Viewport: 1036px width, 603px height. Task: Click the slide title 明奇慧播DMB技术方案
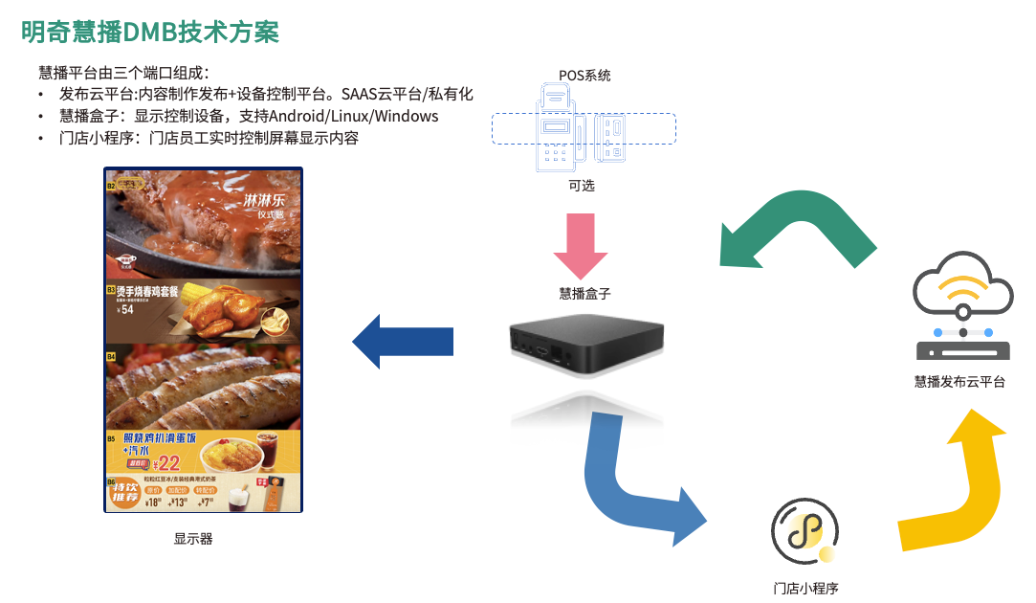[x=150, y=31]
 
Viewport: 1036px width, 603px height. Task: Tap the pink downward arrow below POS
[x=581, y=245]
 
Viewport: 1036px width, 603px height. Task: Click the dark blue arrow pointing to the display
[x=402, y=340]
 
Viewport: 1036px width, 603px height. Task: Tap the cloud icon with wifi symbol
[x=962, y=286]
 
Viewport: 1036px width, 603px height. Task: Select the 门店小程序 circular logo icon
[x=805, y=530]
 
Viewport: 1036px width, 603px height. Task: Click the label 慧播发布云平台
[x=959, y=382]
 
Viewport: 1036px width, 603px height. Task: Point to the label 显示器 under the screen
[x=193, y=539]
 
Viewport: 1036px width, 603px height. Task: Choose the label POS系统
[x=584, y=75]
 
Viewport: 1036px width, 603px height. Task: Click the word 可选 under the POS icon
[x=582, y=186]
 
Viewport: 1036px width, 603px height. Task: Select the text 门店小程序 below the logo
[x=805, y=588]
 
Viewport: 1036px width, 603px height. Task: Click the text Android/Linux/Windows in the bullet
[x=354, y=116]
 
